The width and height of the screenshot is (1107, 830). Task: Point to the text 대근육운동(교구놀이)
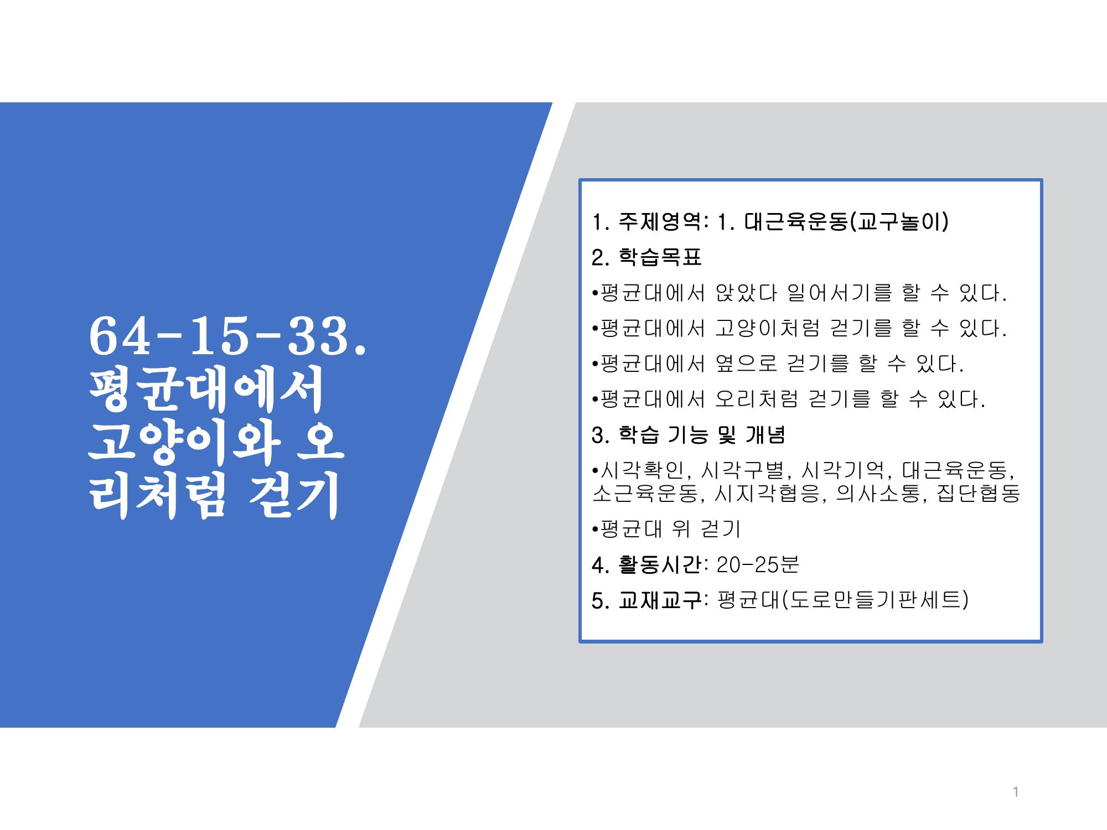[x=846, y=222]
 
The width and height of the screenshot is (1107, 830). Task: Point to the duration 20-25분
[x=758, y=565]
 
